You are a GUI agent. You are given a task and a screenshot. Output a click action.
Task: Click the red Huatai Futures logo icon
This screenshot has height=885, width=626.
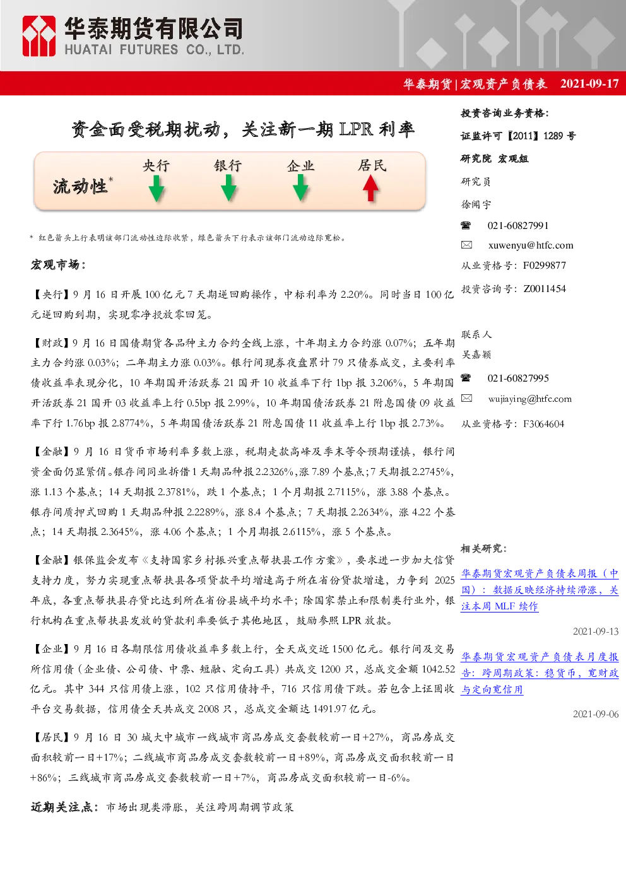38,36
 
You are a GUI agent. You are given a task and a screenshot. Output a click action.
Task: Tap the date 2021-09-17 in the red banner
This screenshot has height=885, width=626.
589,84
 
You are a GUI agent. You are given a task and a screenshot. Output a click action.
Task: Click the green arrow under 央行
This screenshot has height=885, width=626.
156,189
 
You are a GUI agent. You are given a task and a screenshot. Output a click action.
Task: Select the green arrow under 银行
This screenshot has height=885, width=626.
228,188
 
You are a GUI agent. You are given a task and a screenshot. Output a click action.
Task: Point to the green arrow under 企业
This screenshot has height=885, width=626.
300,188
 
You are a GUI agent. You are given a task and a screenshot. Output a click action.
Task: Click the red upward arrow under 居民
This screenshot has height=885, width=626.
370,189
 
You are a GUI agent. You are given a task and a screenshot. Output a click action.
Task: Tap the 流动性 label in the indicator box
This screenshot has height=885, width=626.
80,187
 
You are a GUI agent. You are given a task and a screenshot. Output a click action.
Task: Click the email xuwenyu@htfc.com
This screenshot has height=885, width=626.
531,245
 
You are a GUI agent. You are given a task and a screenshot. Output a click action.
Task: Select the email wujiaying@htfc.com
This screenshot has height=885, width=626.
530,399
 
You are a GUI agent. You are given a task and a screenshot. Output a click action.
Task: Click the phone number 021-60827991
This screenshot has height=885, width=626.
517,226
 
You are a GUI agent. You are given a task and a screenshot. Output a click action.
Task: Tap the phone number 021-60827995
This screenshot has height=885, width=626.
517,378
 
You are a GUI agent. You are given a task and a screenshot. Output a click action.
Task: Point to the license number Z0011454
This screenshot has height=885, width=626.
545,289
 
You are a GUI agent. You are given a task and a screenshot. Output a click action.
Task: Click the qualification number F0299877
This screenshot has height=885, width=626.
545,266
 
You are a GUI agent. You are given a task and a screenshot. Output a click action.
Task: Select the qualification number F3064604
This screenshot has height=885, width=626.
544,424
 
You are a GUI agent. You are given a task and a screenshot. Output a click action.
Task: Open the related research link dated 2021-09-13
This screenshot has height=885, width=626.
540,590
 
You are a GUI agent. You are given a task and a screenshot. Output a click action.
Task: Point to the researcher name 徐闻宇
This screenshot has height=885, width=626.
476,204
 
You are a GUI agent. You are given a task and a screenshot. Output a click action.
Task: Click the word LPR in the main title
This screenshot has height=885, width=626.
356,129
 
